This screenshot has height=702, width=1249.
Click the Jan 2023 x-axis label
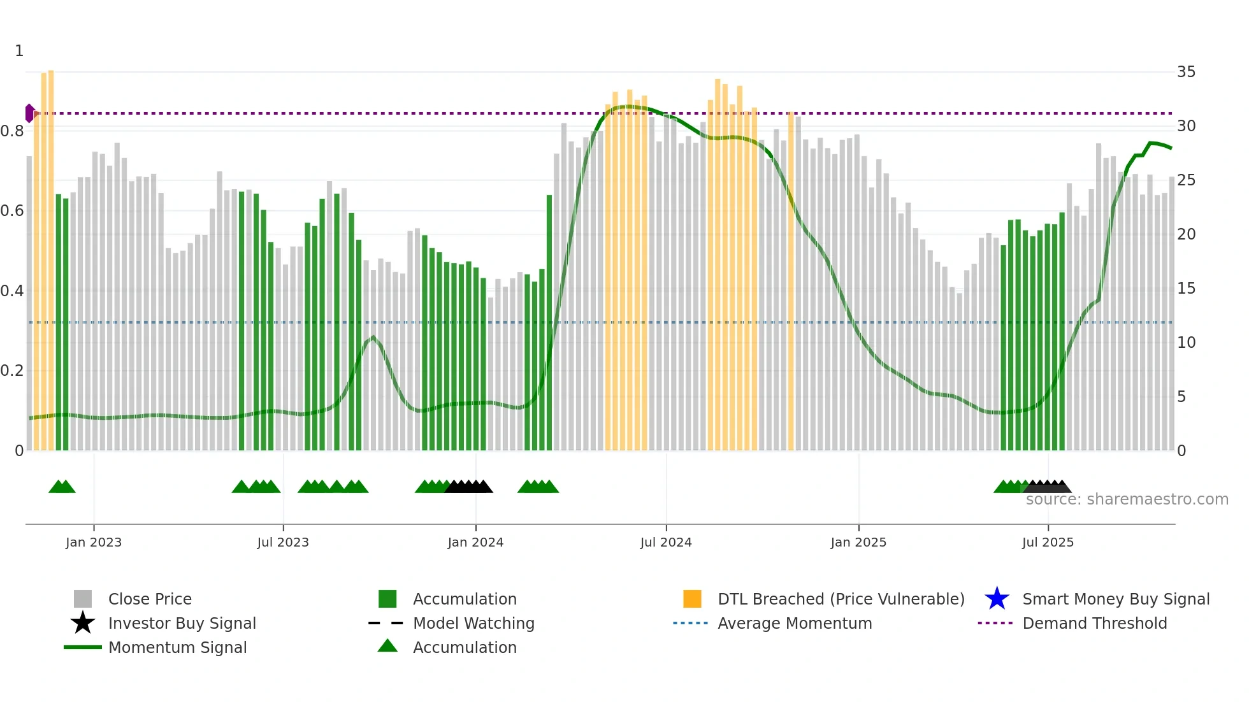click(93, 542)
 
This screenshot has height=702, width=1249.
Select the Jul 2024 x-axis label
click(666, 542)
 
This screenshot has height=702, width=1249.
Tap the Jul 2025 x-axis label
click(1048, 542)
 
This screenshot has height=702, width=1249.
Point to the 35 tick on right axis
click(1186, 72)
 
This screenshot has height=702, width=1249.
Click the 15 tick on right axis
click(1186, 289)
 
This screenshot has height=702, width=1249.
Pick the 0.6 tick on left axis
click(12, 211)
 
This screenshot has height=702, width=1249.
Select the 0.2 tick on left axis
click(12, 371)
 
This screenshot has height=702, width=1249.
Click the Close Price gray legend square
click(83, 599)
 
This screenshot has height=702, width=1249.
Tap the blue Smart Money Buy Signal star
click(997, 599)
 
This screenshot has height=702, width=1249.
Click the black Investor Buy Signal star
click(83, 623)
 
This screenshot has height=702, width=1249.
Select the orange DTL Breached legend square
click(692, 599)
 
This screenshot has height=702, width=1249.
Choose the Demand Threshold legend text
click(1094, 623)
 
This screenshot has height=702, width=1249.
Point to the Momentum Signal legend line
click(83, 647)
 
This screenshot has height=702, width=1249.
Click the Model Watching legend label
click(473, 623)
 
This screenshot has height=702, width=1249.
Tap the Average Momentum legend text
click(795, 623)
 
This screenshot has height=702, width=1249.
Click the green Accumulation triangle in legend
click(387, 646)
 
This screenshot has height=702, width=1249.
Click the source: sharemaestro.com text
click(1127, 499)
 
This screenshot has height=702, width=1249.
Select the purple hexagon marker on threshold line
click(30, 113)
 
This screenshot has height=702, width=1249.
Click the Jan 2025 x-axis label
click(858, 542)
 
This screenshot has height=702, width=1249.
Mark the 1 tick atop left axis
click(19, 51)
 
